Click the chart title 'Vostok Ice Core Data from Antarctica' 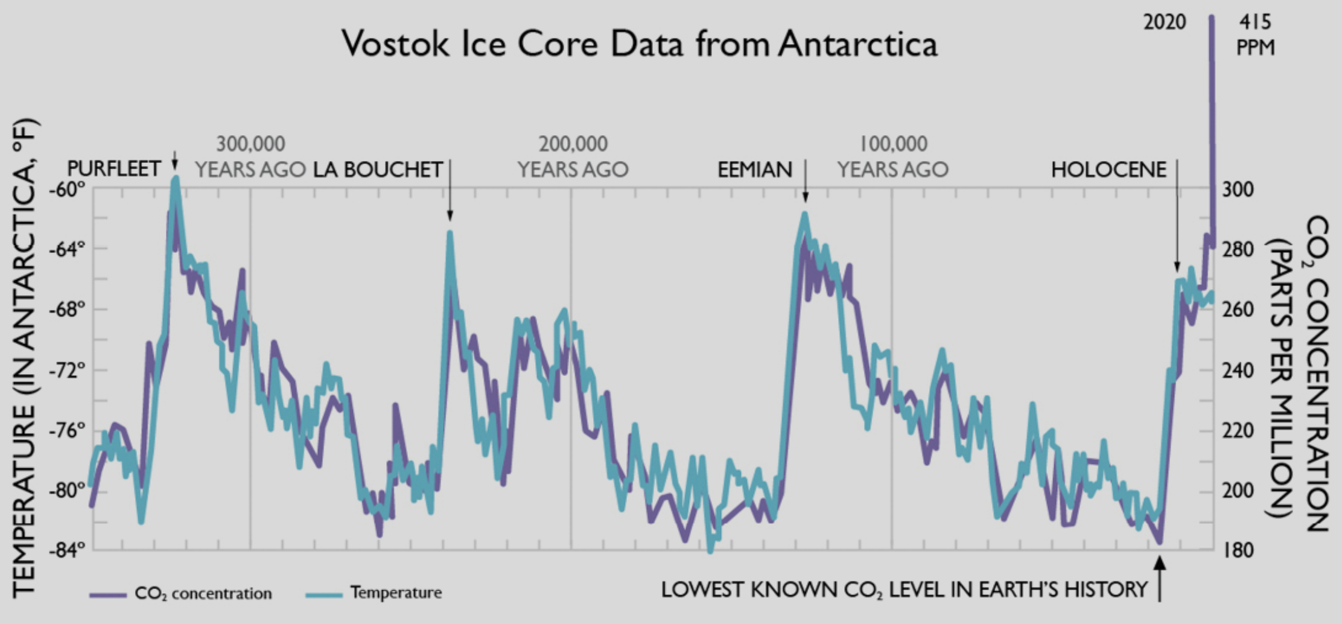[640, 43]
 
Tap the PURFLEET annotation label [114, 168]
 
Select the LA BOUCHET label [378, 170]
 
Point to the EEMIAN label [754, 170]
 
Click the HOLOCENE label [1108, 170]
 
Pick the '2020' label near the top [1164, 22]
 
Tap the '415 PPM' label [1255, 34]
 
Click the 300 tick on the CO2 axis [1238, 189]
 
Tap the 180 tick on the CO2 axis [1238, 550]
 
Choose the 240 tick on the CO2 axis [1238, 369]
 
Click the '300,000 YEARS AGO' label [250, 157]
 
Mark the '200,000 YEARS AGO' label [573, 157]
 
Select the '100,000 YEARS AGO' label [892, 157]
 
